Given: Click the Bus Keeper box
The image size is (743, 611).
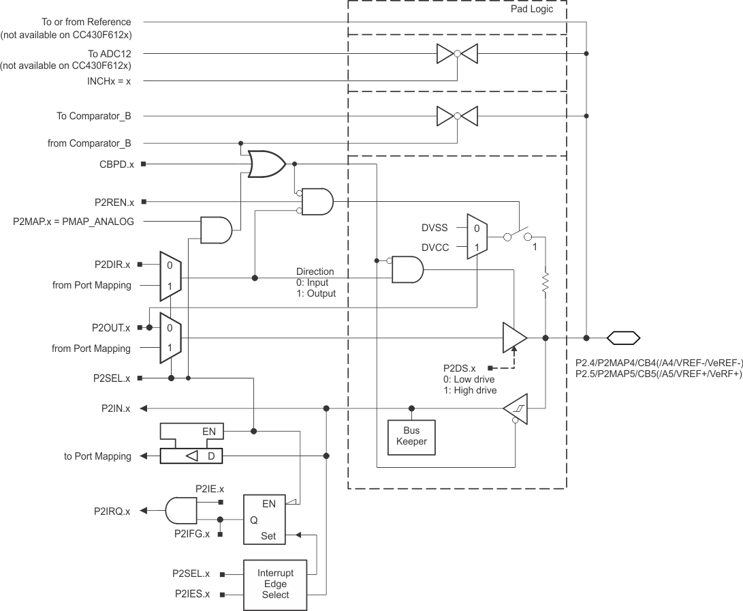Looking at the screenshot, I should point(411,436).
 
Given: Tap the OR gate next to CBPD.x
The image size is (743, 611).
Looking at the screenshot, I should point(266,164).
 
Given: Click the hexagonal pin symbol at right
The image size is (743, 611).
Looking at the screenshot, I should point(623,338).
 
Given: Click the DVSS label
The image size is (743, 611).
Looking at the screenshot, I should point(435,229).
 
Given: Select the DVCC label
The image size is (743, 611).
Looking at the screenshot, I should point(435,248).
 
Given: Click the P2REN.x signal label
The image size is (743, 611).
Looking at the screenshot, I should point(114,203).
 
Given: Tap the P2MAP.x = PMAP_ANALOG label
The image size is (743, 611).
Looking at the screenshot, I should point(74,222).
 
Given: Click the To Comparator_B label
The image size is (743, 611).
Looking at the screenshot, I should point(94,117).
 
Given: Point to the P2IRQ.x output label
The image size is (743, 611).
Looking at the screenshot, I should point(112,510).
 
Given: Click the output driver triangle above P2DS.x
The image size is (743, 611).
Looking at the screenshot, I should point(514,338).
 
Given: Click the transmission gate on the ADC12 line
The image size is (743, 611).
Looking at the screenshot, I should point(457,53).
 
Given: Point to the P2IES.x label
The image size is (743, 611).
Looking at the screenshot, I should point(192,594).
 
